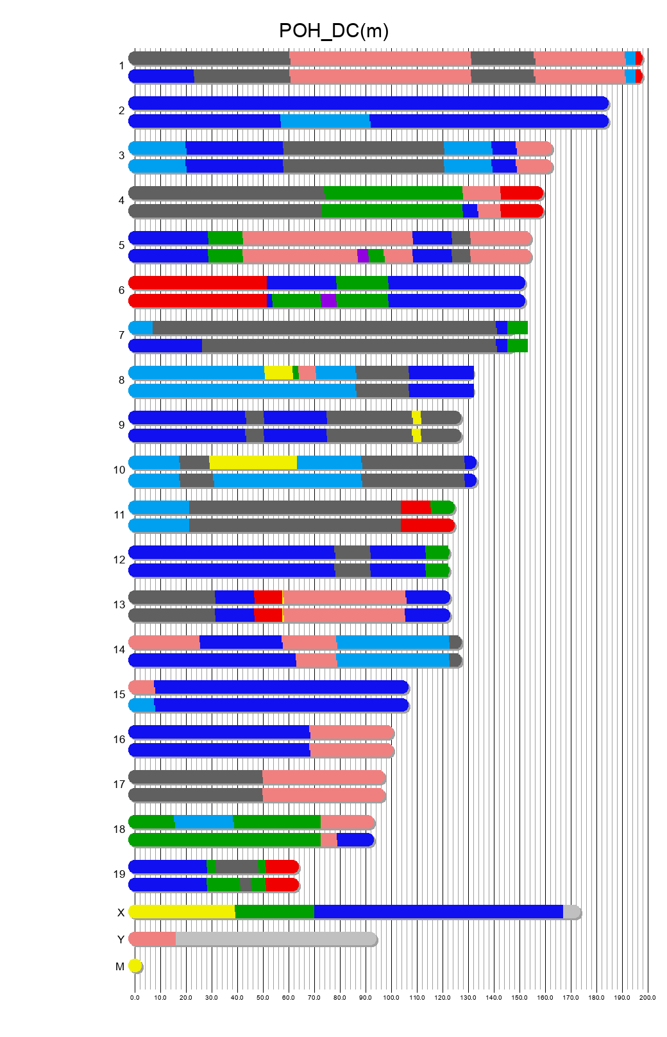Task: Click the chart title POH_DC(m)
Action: click(x=333, y=31)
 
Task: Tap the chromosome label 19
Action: click(x=119, y=874)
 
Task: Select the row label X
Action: click(x=121, y=913)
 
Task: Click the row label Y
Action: click(x=121, y=939)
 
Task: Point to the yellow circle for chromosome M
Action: click(x=135, y=965)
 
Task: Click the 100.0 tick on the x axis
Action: click(x=391, y=997)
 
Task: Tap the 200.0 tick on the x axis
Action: click(x=648, y=997)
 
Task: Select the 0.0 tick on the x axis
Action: click(x=135, y=997)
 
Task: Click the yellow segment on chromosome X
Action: click(x=183, y=912)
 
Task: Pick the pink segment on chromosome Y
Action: click(x=153, y=939)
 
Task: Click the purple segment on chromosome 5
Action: click(x=362, y=256)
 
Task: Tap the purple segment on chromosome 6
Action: click(x=328, y=301)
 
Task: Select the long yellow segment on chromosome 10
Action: click(x=253, y=463)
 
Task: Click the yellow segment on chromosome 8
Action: click(x=278, y=373)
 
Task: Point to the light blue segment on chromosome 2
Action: click(x=325, y=121)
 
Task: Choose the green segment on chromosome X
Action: click(x=274, y=912)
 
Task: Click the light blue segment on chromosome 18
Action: click(x=204, y=822)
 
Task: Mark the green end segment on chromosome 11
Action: click(x=442, y=508)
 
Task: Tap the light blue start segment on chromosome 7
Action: click(x=141, y=328)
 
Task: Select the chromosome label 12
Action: click(x=119, y=560)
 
